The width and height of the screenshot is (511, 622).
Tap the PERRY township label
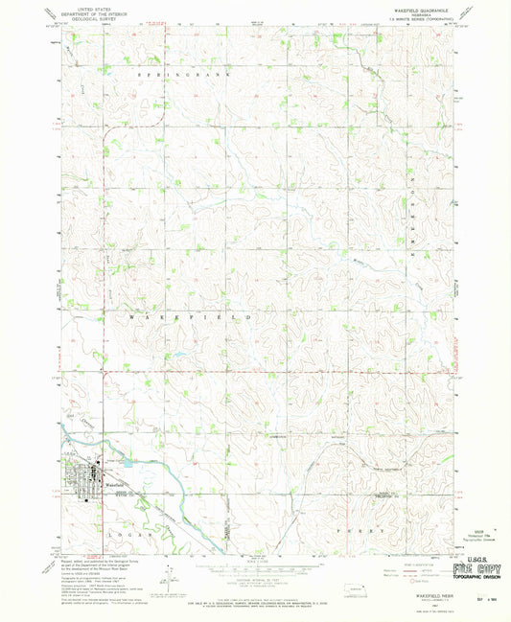[x=360, y=530]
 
